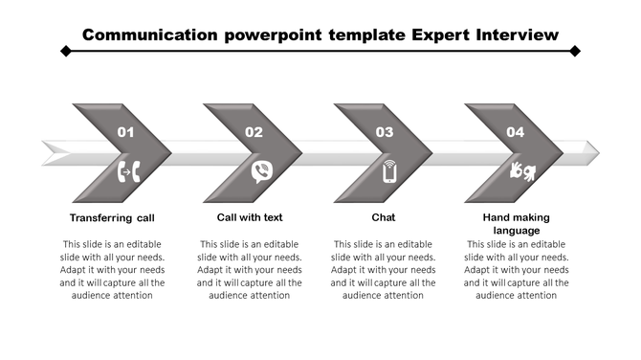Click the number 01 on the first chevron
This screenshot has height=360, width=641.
(125, 132)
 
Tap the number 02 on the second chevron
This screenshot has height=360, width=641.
(254, 132)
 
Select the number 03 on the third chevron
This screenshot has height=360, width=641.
(385, 132)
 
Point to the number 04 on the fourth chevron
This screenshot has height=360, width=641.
(515, 132)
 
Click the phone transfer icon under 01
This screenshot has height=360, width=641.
(128, 172)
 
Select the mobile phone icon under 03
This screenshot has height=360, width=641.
(389, 172)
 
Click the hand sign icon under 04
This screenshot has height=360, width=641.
(522, 171)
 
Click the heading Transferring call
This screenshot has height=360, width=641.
(113, 217)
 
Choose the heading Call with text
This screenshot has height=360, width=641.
(250, 217)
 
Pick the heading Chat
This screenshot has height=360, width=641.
(384, 217)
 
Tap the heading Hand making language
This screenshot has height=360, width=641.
(517, 224)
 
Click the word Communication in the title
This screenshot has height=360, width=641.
(151, 35)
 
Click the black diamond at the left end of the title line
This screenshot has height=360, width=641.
(65, 51)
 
